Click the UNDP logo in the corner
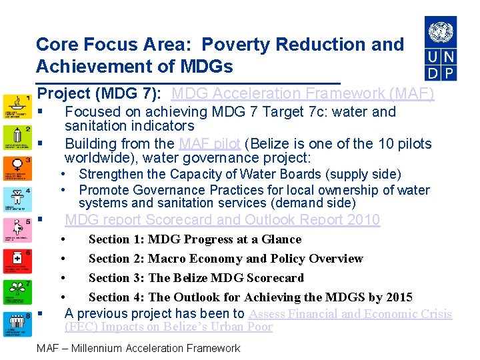[x=441, y=48]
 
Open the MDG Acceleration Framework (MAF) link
[x=302, y=94]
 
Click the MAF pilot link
[x=209, y=143]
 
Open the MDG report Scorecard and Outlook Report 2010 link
[x=222, y=220]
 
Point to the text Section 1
[x=114, y=239]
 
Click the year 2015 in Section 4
[x=398, y=297]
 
